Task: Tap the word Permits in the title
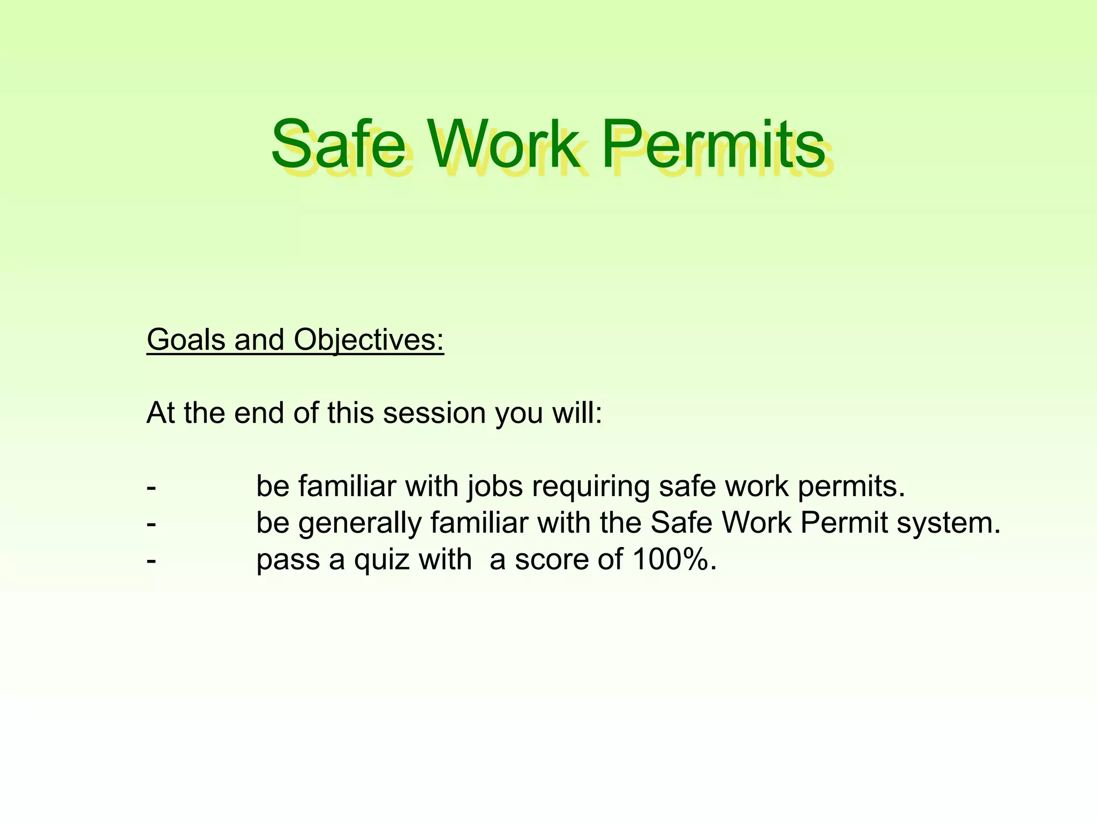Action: click(712, 145)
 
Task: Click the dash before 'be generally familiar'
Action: click(152, 523)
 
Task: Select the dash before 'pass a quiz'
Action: click(152, 560)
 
